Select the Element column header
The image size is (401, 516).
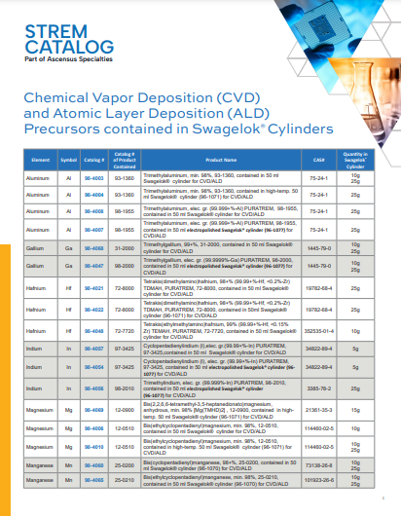click(40, 158)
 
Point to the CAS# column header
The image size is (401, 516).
click(318, 158)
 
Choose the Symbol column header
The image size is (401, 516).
click(69, 158)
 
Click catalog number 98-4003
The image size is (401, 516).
click(95, 178)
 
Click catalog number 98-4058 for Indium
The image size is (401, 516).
click(95, 388)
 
